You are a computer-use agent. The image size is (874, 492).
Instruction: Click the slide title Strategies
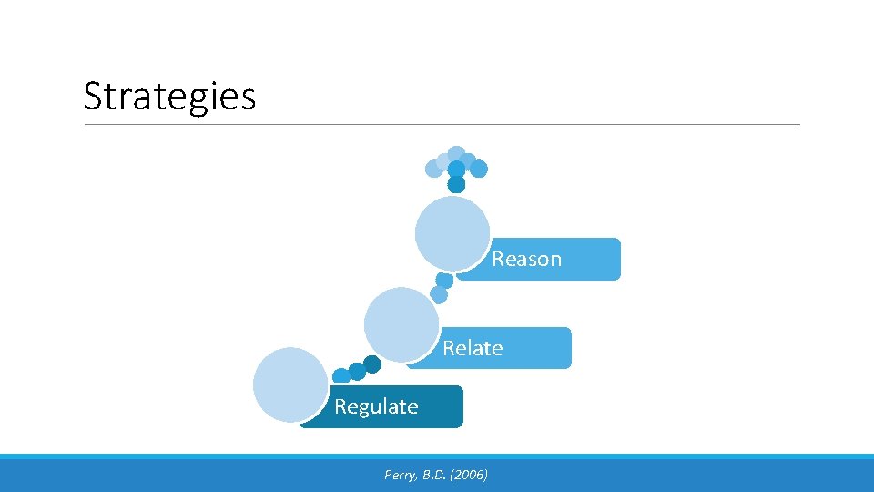pos(169,96)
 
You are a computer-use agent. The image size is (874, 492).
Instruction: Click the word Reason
pos(526,259)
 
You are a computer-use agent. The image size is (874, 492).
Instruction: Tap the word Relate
pos(473,348)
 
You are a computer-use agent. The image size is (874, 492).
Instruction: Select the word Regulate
pos(376,406)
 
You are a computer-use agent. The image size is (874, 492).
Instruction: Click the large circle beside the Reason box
pos(452,233)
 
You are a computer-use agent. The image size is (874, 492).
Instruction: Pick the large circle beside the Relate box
pos(401,323)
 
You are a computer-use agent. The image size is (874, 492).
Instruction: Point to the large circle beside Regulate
pos(290,384)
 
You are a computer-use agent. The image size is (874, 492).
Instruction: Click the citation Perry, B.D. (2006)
pos(436,475)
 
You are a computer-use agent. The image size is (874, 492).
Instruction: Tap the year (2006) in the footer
pos(469,475)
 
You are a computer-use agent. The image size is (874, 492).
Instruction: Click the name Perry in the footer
pos(400,475)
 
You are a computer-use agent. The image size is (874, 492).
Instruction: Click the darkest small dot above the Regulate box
pos(372,364)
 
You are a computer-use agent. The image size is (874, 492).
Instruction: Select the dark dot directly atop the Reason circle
pos(456,185)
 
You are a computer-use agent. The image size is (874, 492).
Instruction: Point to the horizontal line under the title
pos(442,125)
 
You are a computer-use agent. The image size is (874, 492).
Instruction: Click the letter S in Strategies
pos(92,96)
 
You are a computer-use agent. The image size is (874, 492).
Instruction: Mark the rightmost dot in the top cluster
pos(479,169)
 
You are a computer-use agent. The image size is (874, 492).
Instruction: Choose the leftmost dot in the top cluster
pos(433,169)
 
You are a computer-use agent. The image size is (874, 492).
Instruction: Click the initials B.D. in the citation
pos(435,475)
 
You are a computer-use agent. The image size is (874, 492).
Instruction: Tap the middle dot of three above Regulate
pos(357,371)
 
